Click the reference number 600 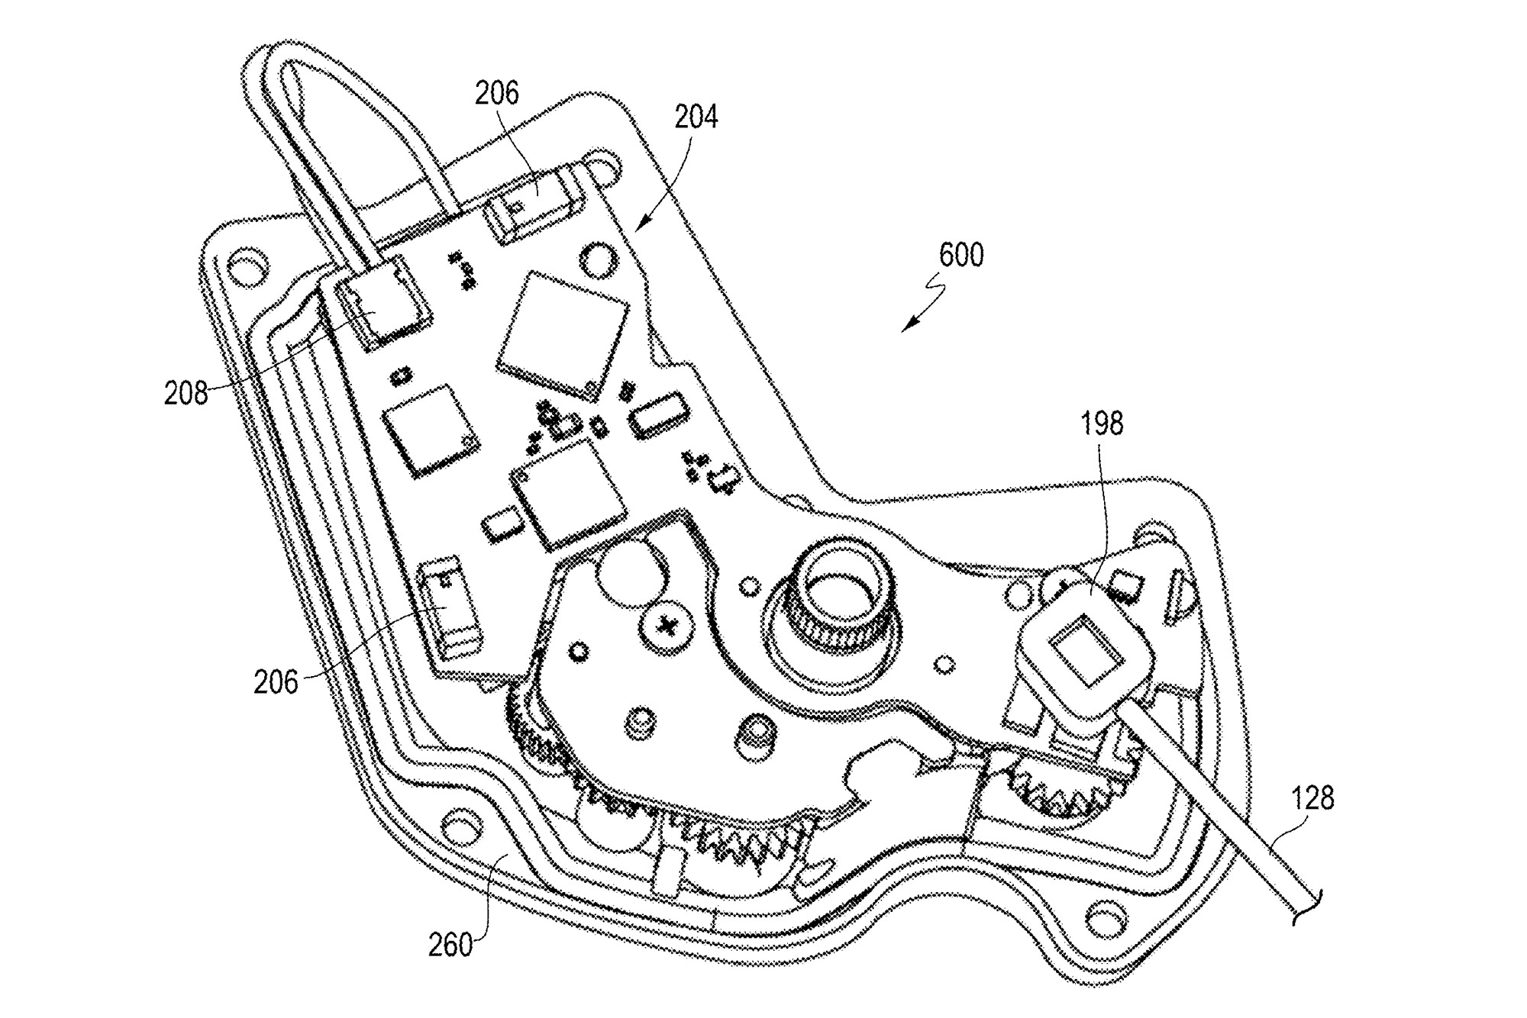(960, 255)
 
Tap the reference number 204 (696, 118)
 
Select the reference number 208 (186, 394)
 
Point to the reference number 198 (1102, 423)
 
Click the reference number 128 (1312, 798)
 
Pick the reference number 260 (450, 946)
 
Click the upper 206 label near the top (496, 93)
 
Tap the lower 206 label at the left (276, 681)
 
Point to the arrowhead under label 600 (906, 328)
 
